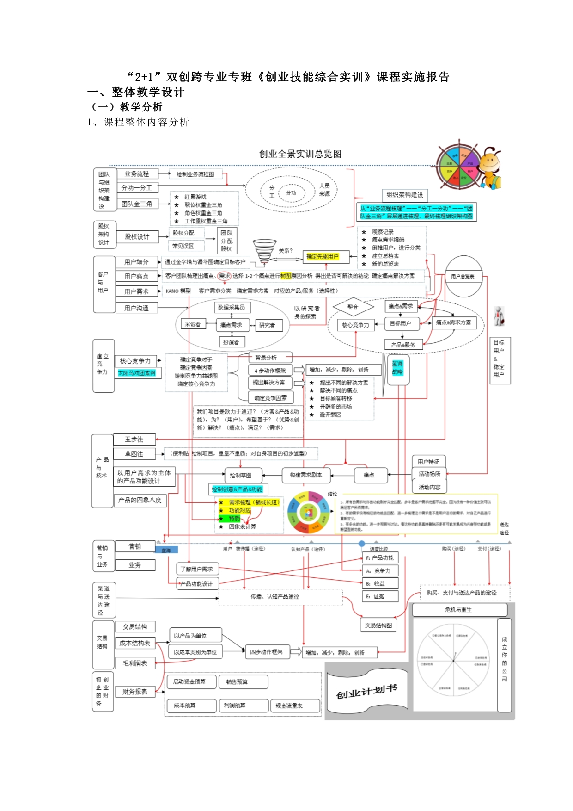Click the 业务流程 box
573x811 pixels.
click(x=136, y=174)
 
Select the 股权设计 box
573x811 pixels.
click(x=137, y=237)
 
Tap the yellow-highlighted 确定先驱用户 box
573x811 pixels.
click(x=323, y=257)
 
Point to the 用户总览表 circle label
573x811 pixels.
click(x=463, y=277)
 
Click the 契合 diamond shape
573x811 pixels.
click(x=353, y=307)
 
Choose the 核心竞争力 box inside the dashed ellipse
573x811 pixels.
click(x=355, y=325)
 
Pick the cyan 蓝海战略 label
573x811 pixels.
click(x=397, y=368)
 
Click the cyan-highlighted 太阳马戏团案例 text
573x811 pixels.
click(x=137, y=373)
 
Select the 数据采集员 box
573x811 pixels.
click(x=231, y=307)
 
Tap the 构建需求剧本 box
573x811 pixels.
click(x=305, y=475)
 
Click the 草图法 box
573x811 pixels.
click(x=134, y=454)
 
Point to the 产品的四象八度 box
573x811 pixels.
click(x=140, y=500)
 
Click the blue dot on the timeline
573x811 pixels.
click(x=362, y=544)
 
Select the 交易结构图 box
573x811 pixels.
click(x=378, y=625)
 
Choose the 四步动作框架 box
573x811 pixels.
click(x=266, y=652)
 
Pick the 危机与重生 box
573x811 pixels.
click(x=458, y=610)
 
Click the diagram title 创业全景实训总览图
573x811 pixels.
click(x=300, y=154)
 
